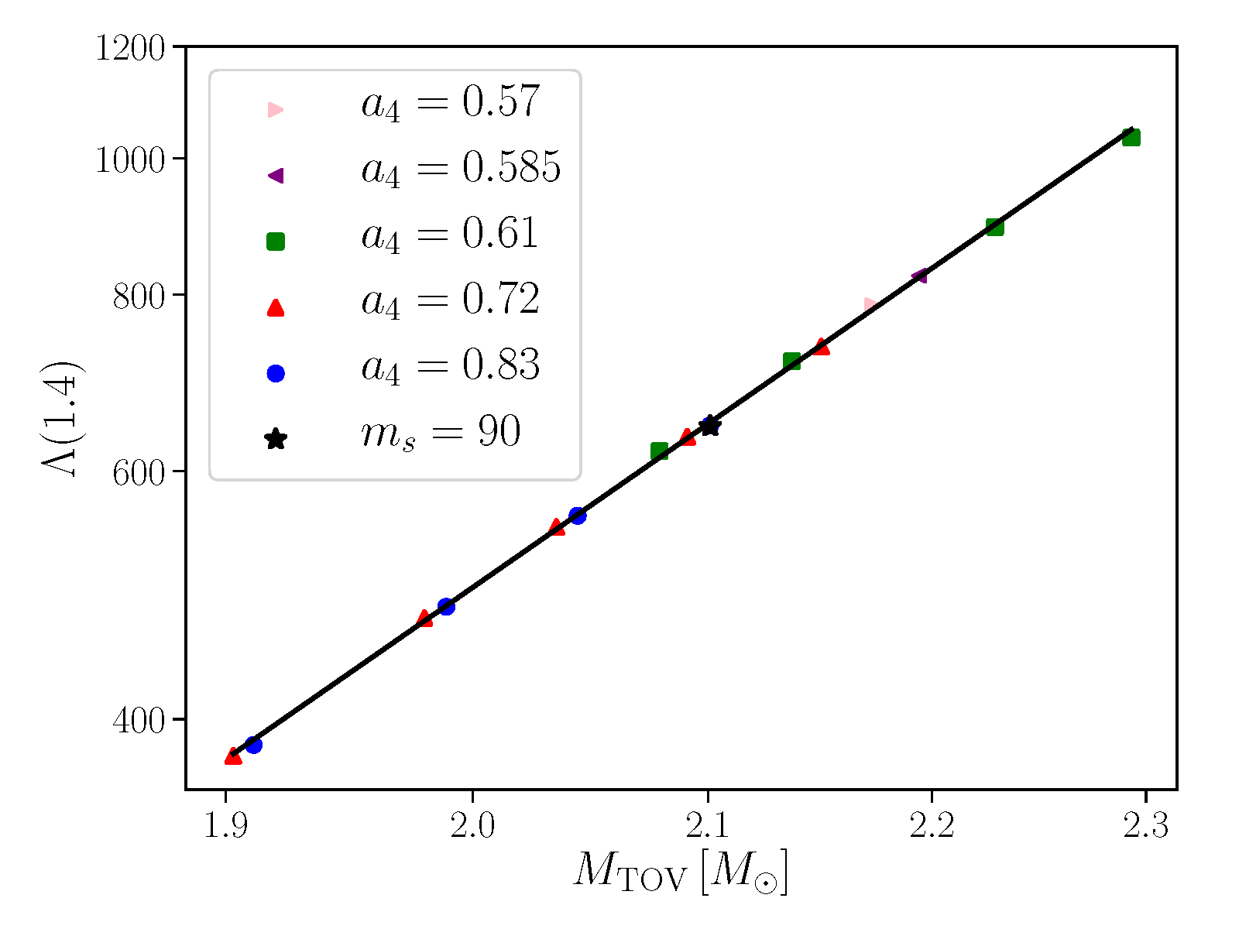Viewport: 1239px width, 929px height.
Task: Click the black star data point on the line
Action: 709,426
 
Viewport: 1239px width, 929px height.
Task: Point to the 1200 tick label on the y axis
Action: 130,48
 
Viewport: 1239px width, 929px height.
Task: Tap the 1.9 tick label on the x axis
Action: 225,827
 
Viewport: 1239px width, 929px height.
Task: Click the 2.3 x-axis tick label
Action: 1145,827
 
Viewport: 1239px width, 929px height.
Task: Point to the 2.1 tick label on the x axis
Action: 706,827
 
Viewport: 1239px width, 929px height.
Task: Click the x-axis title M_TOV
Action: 680,873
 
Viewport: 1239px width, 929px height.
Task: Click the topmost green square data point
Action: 1131,138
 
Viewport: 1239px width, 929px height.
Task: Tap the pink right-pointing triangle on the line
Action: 871,305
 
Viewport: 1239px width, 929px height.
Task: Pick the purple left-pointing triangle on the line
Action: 920,276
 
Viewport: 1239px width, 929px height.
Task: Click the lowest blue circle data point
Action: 253,745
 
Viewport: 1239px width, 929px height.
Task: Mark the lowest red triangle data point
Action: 233,756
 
